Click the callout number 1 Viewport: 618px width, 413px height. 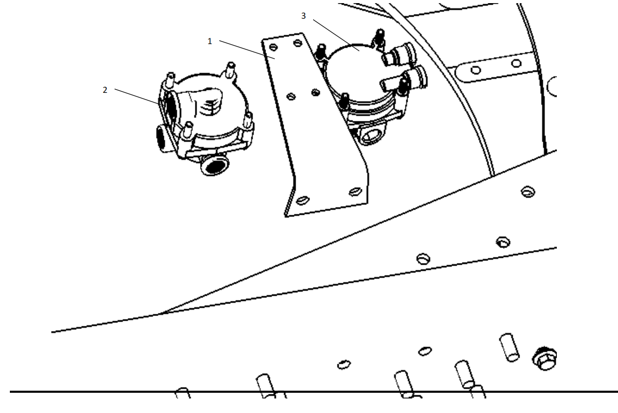(209, 41)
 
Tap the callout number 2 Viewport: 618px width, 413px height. (105, 90)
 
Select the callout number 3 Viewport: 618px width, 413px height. (303, 16)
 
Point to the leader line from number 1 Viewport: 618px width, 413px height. (247, 49)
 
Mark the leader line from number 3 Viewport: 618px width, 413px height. (336, 35)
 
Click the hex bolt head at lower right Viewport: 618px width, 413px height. (544, 359)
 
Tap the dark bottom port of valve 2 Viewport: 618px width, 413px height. (214, 165)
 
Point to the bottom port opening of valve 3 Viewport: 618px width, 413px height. (370, 135)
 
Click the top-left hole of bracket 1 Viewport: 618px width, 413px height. (273, 48)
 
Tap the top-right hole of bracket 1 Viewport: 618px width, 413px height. (298, 43)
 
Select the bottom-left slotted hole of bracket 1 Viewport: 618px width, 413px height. (302, 200)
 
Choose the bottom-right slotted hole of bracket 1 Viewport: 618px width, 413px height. (356, 191)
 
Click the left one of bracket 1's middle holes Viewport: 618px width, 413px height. (291, 97)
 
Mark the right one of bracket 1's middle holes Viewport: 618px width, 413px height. (315, 93)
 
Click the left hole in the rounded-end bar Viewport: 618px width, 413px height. (476, 70)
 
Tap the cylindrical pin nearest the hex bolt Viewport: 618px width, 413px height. (509, 347)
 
